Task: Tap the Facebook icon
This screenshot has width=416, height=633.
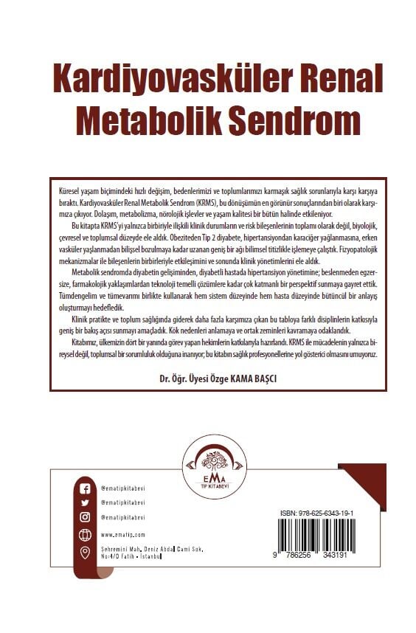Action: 85,488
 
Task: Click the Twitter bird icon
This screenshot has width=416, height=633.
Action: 85,502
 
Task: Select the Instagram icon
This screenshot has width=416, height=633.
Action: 85,517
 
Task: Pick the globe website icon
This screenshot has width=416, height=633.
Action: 85,534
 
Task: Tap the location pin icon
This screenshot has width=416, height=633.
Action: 85,553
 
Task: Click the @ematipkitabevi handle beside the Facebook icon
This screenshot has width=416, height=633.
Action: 123,488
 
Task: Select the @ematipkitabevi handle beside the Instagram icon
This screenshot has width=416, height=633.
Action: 123,517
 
